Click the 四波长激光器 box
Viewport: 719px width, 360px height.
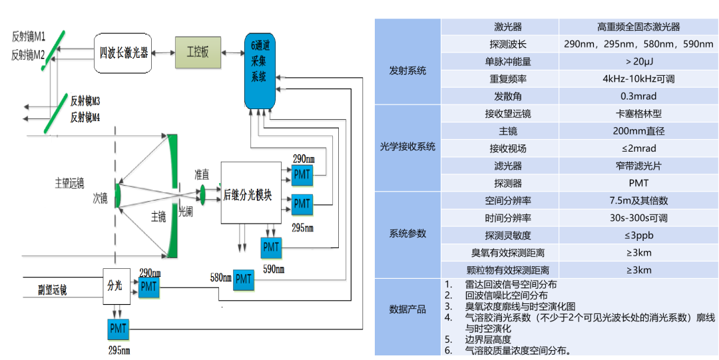point(124,51)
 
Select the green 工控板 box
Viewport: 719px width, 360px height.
point(198,51)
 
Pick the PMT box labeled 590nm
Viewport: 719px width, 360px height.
point(272,247)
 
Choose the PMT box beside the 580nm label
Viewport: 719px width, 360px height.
point(244,279)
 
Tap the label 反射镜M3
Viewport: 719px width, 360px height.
point(86,101)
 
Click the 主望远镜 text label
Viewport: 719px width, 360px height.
point(70,182)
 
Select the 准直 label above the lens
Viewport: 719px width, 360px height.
point(201,174)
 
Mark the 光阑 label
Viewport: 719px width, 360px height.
point(186,211)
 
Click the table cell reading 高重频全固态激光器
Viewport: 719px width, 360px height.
point(638,27)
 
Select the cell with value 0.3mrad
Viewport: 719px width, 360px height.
point(638,96)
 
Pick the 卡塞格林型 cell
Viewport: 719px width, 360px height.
point(638,113)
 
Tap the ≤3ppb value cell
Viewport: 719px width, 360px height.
point(638,235)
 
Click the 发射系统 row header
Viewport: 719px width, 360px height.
point(407,70)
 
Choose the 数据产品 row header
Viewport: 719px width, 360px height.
point(407,309)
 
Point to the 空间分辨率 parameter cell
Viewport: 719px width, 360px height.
point(508,200)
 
